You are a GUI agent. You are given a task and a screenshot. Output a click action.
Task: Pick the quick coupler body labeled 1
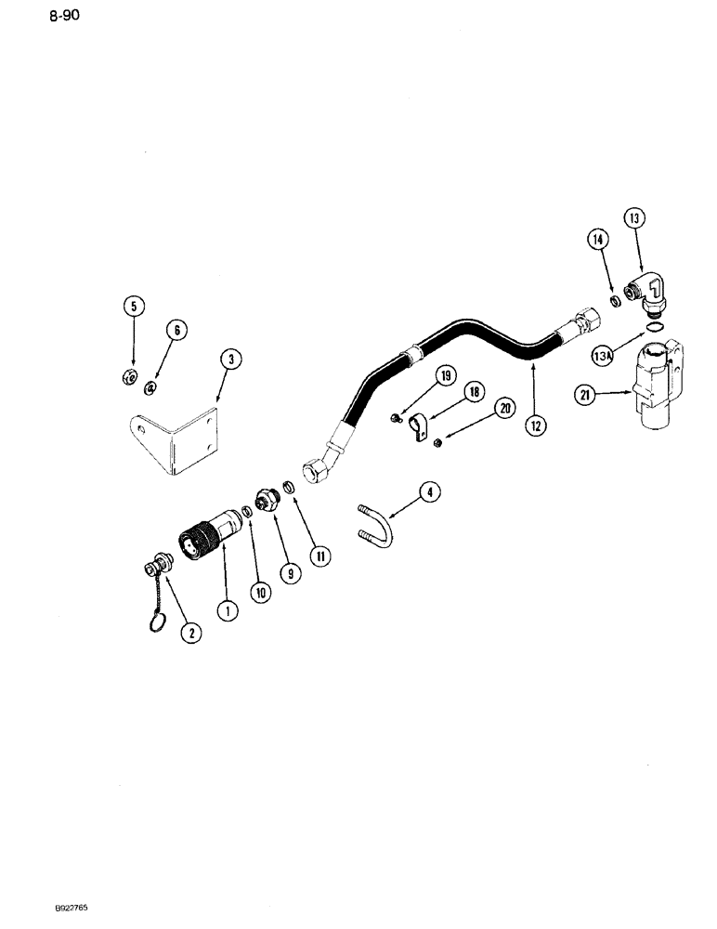206,542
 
